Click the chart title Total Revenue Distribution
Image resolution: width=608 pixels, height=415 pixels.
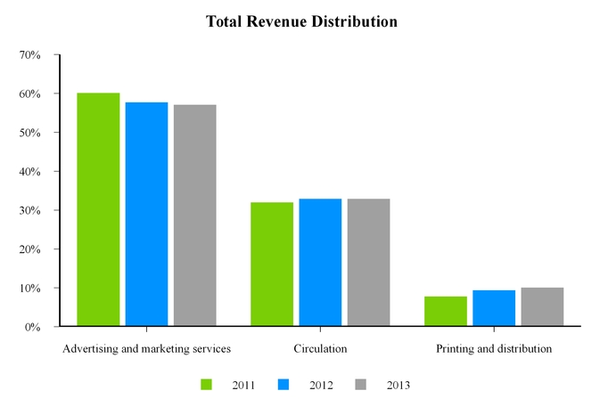click(x=301, y=20)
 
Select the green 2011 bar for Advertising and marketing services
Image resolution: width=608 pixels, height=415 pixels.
click(x=98, y=209)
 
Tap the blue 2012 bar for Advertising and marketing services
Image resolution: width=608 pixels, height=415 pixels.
click(x=146, y=214)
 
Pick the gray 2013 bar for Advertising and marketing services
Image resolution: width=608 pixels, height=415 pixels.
click(x=194, y=216)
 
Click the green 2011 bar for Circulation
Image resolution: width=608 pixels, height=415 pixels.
click(x=272, y=264)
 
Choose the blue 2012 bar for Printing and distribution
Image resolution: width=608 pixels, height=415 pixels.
click(x=494, y=308)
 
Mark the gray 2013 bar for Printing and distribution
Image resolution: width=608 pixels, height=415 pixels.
click(x=542, y=306)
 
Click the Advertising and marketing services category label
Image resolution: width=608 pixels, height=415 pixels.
click(x=146, y=348)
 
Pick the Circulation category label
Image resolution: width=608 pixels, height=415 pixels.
click(x=320, y=348)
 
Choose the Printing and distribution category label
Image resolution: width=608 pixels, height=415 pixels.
click(x=494, y=348)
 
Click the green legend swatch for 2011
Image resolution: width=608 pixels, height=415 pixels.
click(x=207, y=385)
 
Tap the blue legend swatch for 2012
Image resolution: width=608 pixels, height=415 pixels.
click(x=283, y=385)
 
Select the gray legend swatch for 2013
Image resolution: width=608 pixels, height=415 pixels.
click(x=360, y=385)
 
